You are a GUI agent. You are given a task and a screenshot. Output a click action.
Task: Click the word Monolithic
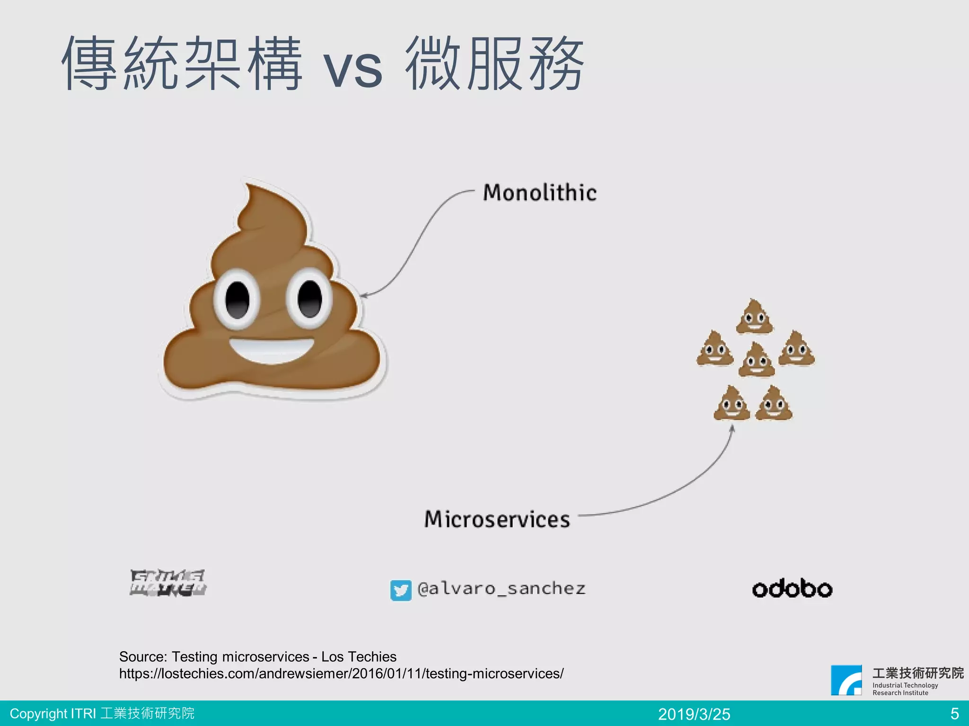[540, 193]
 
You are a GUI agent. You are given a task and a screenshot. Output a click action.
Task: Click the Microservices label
[497, 519]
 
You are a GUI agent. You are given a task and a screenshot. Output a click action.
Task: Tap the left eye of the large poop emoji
[237, 299]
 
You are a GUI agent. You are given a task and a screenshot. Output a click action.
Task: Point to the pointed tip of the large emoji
[247, 187]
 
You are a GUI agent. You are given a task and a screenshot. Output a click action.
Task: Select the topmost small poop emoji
[754, 316]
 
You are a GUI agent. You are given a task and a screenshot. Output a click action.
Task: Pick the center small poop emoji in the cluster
[757, 360]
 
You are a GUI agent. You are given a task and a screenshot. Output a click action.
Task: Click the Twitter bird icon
[401, 590]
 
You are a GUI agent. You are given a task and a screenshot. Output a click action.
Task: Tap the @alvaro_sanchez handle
[502, 588]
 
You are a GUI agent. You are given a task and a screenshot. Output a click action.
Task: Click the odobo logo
[792, 588]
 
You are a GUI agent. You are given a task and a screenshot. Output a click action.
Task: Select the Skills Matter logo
[168, 583]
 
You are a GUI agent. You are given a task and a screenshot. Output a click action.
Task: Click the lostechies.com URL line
[341, 674]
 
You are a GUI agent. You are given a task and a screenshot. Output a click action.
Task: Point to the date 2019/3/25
[694, 714]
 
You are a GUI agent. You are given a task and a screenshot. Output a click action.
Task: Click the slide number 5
[954, 713]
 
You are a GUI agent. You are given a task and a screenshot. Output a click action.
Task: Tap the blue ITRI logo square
[846, 680]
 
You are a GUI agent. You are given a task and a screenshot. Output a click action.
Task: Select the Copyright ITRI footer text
[102, 713]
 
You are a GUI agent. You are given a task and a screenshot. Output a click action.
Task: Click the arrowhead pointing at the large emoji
[363, 296]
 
